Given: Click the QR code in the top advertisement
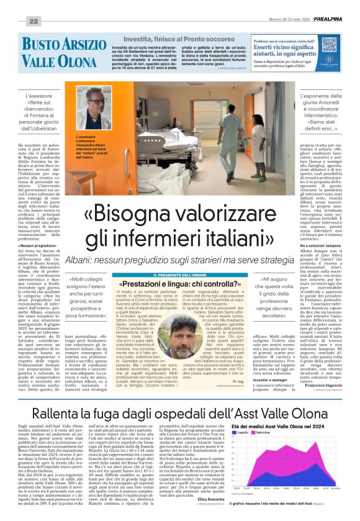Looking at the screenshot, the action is point(330,60).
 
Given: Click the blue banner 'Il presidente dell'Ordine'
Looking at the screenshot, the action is point(179,274).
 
